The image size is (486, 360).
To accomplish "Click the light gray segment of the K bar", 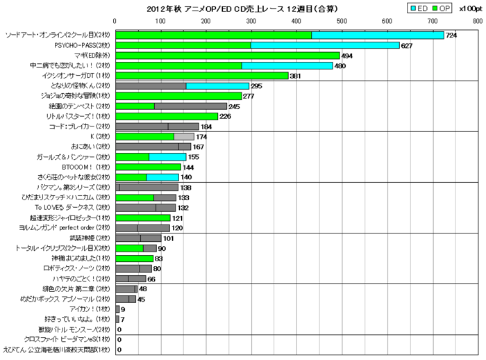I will (184, 137).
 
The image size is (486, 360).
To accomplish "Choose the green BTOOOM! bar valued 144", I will (148, 167).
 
